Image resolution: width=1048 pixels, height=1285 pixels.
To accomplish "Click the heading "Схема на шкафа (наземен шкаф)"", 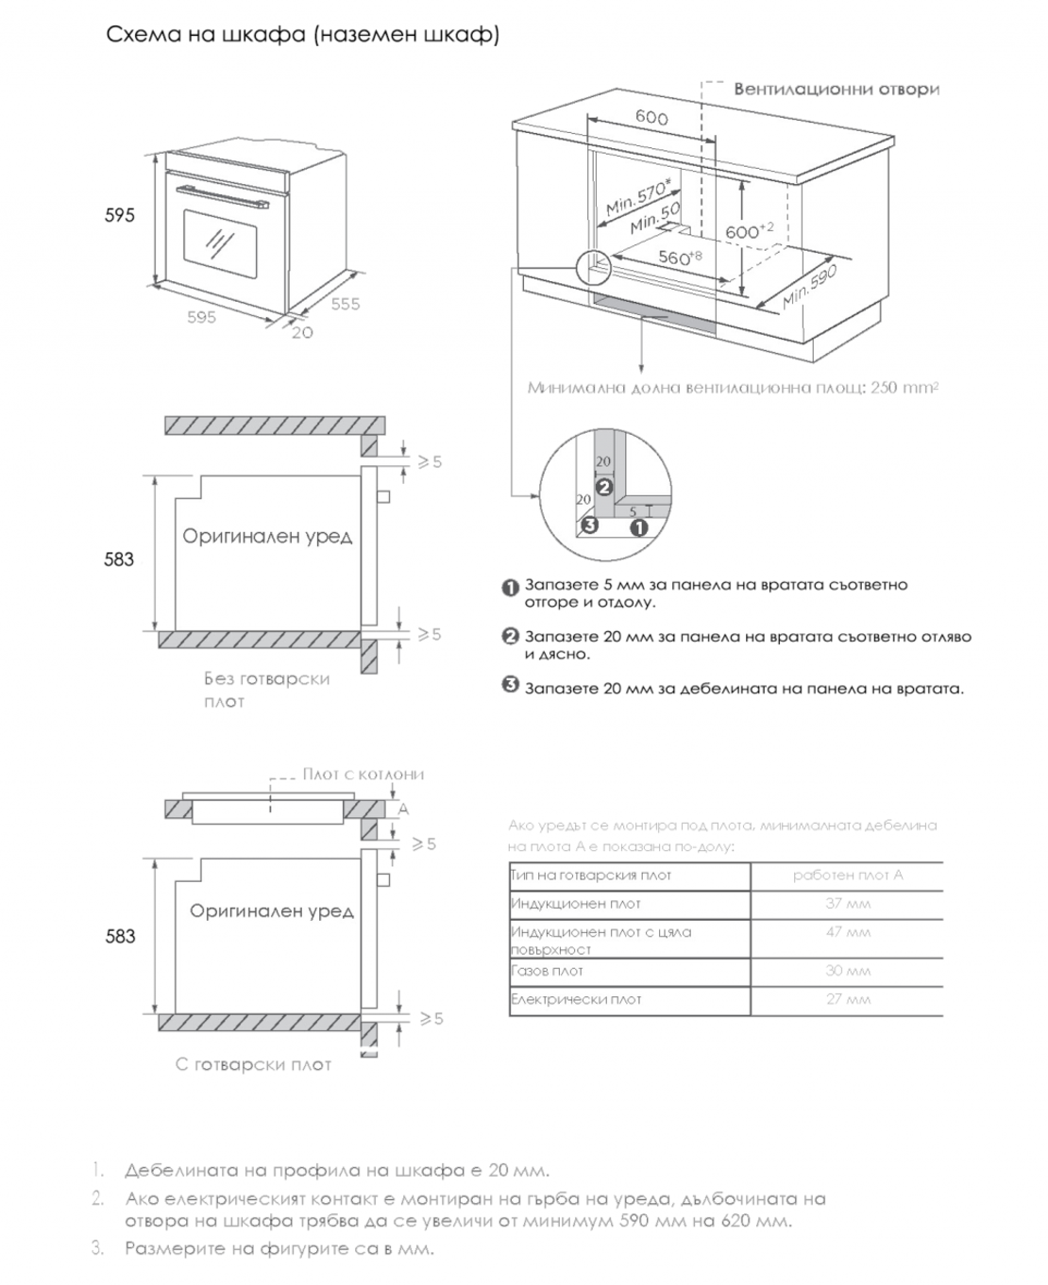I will point(302,35).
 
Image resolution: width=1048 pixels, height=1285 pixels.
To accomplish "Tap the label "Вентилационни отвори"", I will point(837,90).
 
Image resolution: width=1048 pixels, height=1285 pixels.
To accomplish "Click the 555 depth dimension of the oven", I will point(345,304).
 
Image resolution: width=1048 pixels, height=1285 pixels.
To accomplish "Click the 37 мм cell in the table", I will point(847,904).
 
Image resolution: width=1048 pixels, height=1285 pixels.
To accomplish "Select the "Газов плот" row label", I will point(548,971).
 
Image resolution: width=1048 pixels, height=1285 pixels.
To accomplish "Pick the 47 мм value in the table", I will point(847,932).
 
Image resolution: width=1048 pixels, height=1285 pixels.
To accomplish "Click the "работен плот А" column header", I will point(847,875).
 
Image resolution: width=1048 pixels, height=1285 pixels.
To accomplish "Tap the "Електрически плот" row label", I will point(576,999).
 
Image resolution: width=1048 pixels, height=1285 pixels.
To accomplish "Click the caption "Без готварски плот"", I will point(266,690).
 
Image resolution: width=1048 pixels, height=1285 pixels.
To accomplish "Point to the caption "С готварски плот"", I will point(253,1064).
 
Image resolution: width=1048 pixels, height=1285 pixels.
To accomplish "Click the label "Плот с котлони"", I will point(363,775).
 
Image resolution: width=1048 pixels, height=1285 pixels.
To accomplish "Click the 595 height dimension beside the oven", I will point(120,215).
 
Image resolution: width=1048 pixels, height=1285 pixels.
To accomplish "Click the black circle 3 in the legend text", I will point(510,686).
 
